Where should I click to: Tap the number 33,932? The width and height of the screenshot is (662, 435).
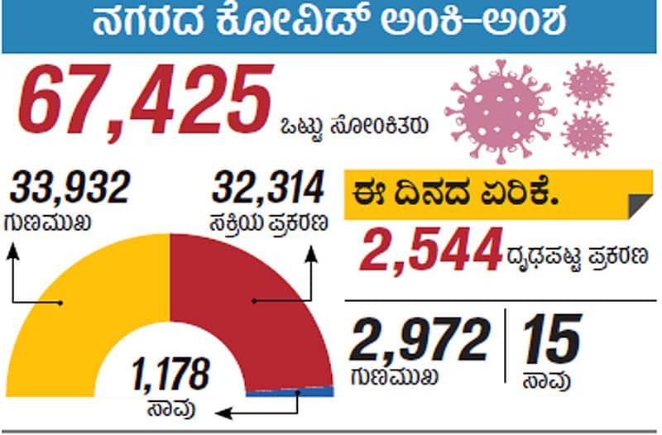point(70,189)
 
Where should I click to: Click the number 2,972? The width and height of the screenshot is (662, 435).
point(420,339)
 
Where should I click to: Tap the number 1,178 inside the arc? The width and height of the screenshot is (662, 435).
point(170,375)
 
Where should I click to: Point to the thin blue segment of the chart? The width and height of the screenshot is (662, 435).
point(290,392)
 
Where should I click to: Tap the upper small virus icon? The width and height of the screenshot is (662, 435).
point(588,83)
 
